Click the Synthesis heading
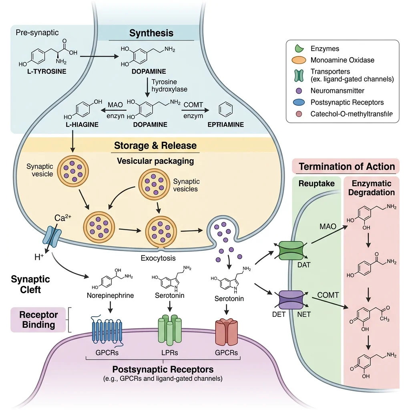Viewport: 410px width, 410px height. [x=151, y=33]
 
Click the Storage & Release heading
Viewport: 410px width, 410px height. [x=155, y=145]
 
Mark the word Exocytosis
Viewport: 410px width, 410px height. [x=158, y=258]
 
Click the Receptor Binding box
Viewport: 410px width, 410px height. [x=39, y=320]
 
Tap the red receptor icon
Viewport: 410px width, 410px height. [x=226, y=332]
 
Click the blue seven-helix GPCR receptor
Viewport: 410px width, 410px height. [x=107, y=330]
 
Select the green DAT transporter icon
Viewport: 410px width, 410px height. [x=291, y=251]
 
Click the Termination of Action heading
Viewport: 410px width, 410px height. [x=347, y=166]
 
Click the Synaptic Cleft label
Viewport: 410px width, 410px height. [x=30, y=284]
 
